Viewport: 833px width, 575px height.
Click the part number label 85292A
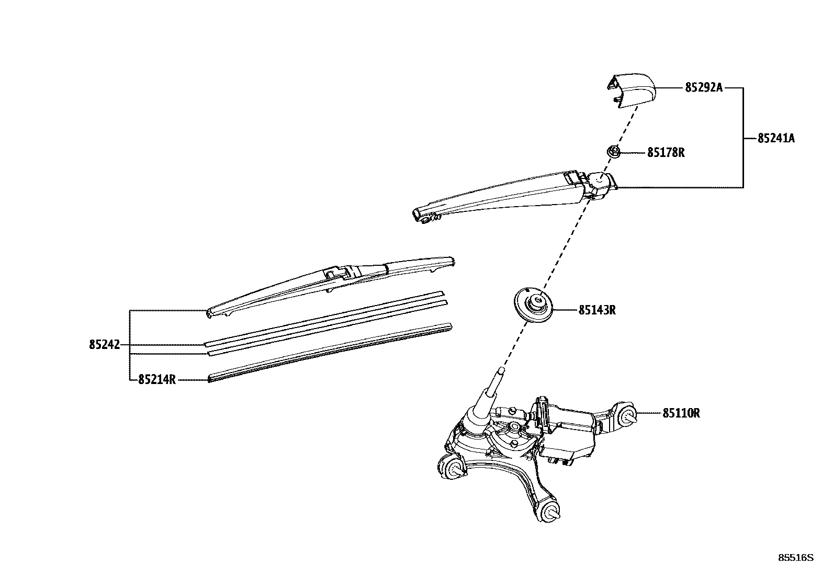point(703,88)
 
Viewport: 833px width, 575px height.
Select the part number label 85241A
point(776,139)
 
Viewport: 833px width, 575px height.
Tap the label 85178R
point(666,153)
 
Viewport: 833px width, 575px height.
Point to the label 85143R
point(596,310)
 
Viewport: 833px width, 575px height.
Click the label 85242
point(104,345)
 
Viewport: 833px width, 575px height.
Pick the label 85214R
point(156,379)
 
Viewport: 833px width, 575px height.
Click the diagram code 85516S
point(796,558)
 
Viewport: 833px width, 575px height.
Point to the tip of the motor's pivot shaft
point(501,371)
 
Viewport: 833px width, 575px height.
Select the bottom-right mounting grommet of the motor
point(549,512)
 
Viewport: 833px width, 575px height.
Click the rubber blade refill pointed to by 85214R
point(330,352)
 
